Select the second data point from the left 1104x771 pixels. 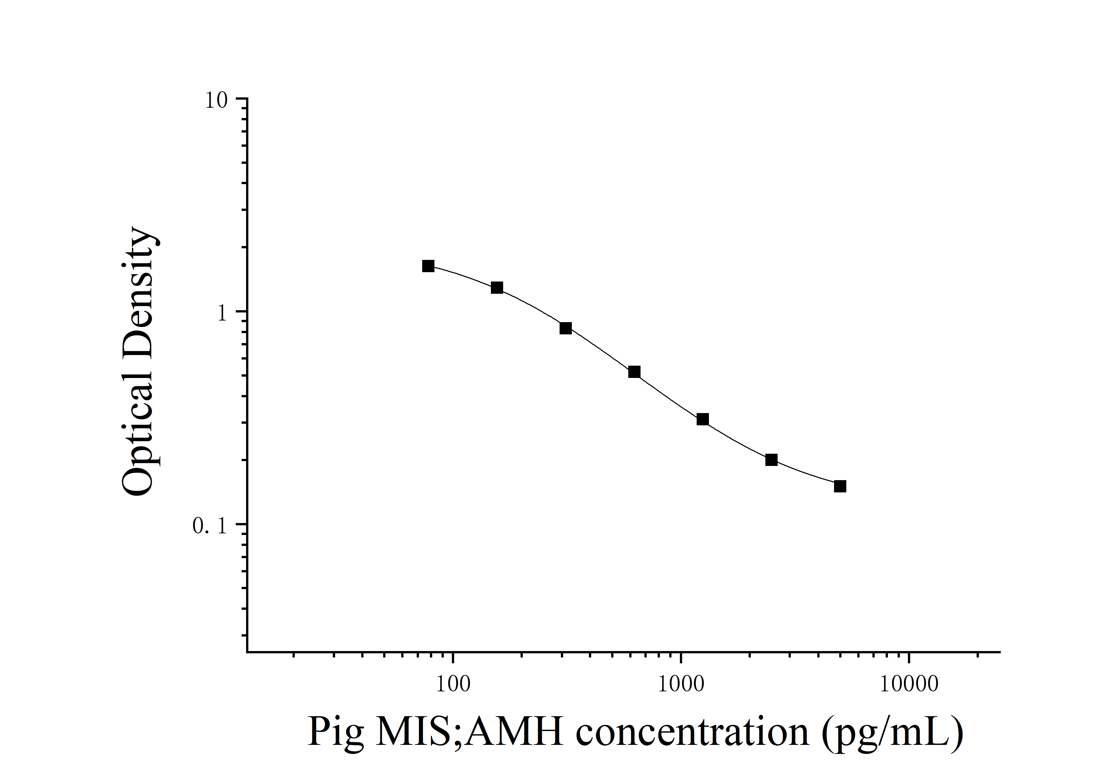497,288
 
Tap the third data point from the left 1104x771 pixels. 565,328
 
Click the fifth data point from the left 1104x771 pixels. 702,419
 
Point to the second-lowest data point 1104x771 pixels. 771,460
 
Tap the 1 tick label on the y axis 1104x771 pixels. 222,313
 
